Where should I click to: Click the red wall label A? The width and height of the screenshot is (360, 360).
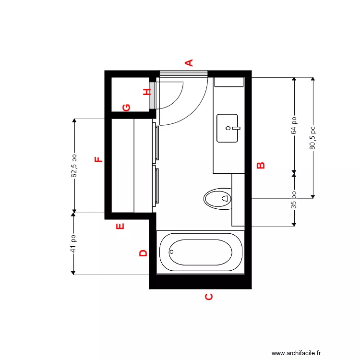(x=189, y=62)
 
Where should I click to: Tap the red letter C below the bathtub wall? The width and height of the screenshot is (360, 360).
(x=209, y=297)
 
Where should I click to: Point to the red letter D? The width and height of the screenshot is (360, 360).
(x=143, y=253)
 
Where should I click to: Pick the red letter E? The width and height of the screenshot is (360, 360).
(x=120, y=226)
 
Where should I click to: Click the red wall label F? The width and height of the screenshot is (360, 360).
(x=98, y=160)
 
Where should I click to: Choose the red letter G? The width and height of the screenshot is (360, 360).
(x=126, y=107)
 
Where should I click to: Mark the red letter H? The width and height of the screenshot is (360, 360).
(x=147, y=92)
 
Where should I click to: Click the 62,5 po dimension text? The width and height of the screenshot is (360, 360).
(x=74, y=166)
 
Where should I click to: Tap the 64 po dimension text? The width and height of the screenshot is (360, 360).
(x=294, y=126)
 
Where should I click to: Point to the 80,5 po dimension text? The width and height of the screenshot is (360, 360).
(x=312, y=138)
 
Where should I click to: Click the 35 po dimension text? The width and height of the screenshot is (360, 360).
(x=294, y=199)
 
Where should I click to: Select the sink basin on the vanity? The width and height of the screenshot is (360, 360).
(x=227, y=128)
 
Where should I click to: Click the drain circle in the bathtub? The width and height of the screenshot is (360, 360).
(x=172, y=251)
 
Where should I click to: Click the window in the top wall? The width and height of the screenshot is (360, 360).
(x=183, y=73)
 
